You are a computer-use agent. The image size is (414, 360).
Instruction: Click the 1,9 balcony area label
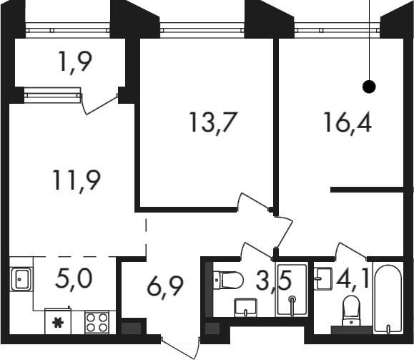pyautogui.click(x=75, y=63)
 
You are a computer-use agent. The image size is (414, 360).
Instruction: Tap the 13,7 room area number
pyautogui.click(x=212, y=122)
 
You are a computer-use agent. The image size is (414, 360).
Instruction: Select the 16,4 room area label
pyautogui.click(x=348, y=122)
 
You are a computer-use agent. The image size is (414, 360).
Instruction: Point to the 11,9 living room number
pyautogui.click(x=77, y=180)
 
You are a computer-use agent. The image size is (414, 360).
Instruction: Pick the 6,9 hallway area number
pyautogui.click(x=165, y=287)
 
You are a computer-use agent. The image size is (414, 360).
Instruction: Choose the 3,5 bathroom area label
pyautogui.click(x=274, y=281)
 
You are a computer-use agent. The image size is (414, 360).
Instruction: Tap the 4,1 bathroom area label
pyautogui.click(x=353, y=278)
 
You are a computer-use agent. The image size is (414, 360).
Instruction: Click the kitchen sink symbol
pyautogui.click(x=21, y=279)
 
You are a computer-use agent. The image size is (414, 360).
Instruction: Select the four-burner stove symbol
pyautogui.click(x=97, y=322)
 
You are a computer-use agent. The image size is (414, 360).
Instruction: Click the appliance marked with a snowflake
pyautogui.click(x=58, y=321)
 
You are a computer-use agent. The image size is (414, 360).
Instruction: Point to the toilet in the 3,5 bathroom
pyautogui.click(x=228, y=280)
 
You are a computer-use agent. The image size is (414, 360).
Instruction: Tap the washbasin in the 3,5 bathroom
pyautogui.click(x=245, y=308)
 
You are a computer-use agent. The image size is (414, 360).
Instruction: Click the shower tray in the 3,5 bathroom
pyautogui.click(x=292, y=290)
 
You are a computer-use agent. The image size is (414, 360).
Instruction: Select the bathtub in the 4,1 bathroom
pyautogui.click(x=388, y=299)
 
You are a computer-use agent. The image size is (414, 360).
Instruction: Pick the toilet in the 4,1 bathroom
pyautogui.click(x=351, y=311)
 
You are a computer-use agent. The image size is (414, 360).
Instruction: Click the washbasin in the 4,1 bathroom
pyautogui.click(x=323, y=278)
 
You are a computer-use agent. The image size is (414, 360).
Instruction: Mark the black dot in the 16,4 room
pyautogui.click(x=369, y=87)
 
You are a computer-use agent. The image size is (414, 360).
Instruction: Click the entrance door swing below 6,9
pyautogui.click(x=180, y=348)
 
